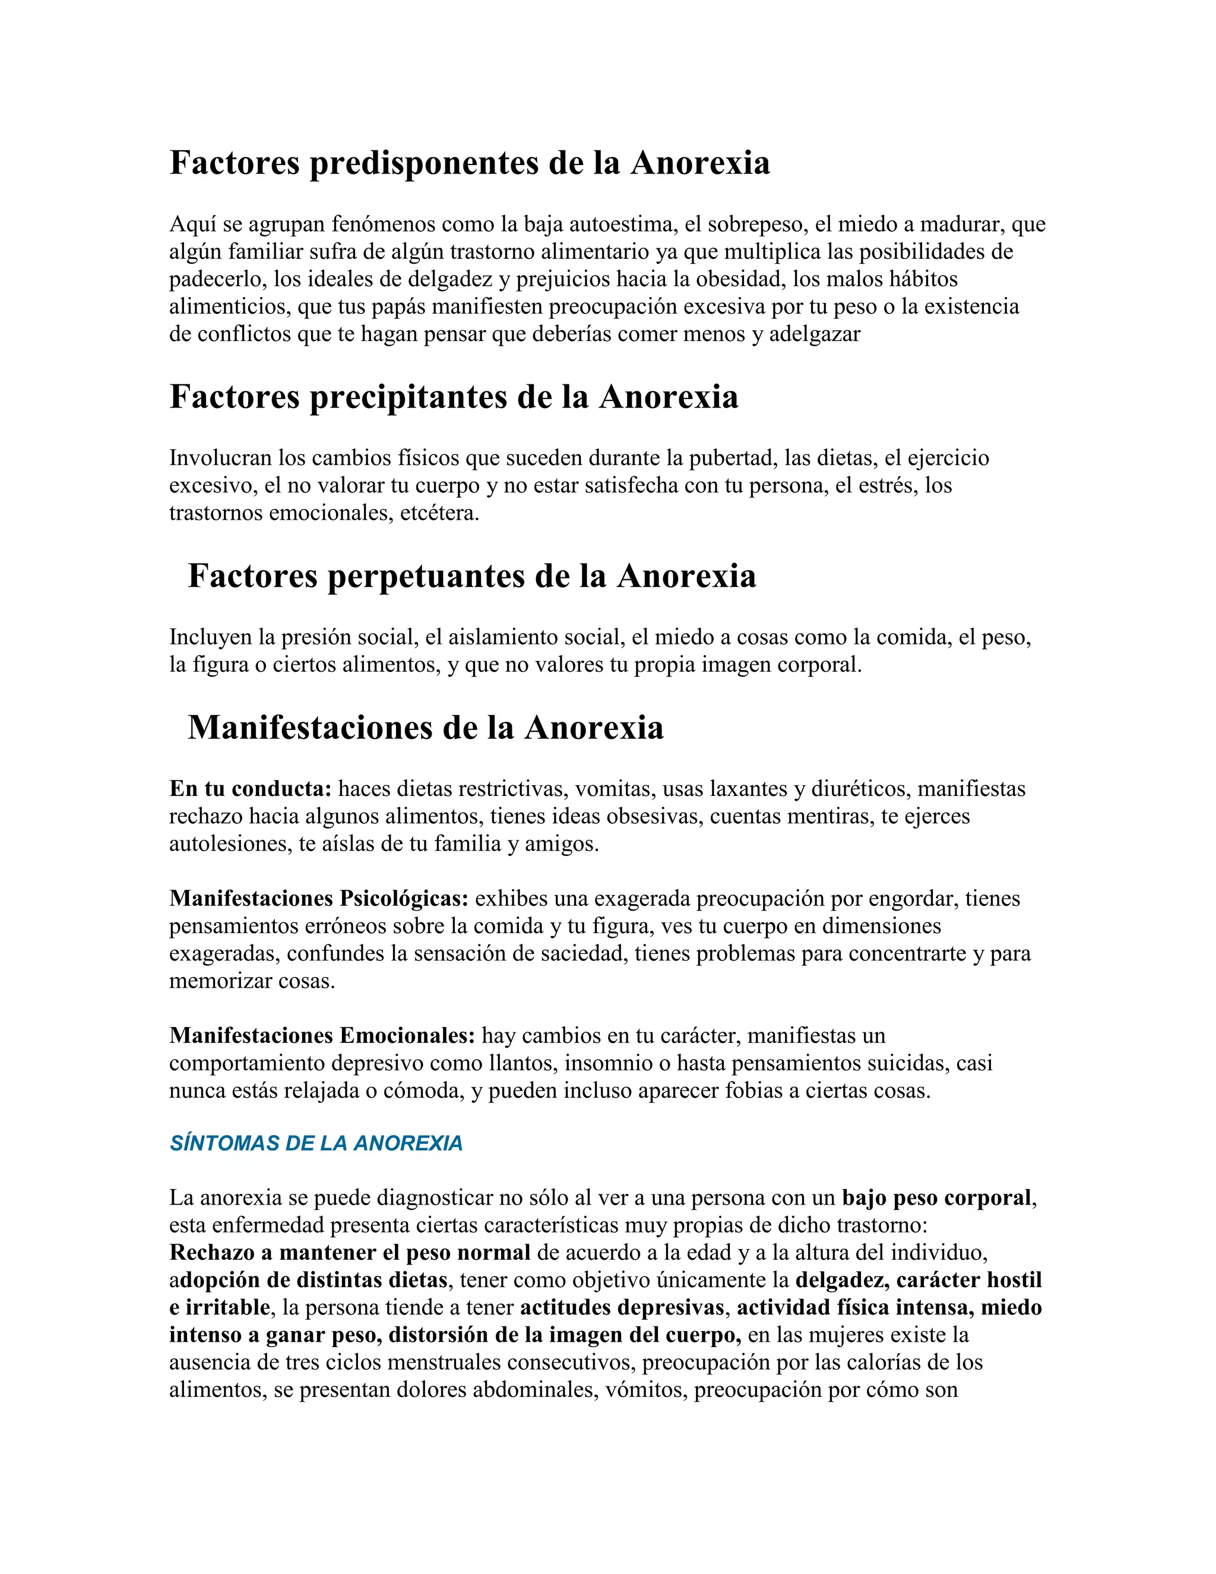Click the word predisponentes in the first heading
423,163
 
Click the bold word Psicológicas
404,899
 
